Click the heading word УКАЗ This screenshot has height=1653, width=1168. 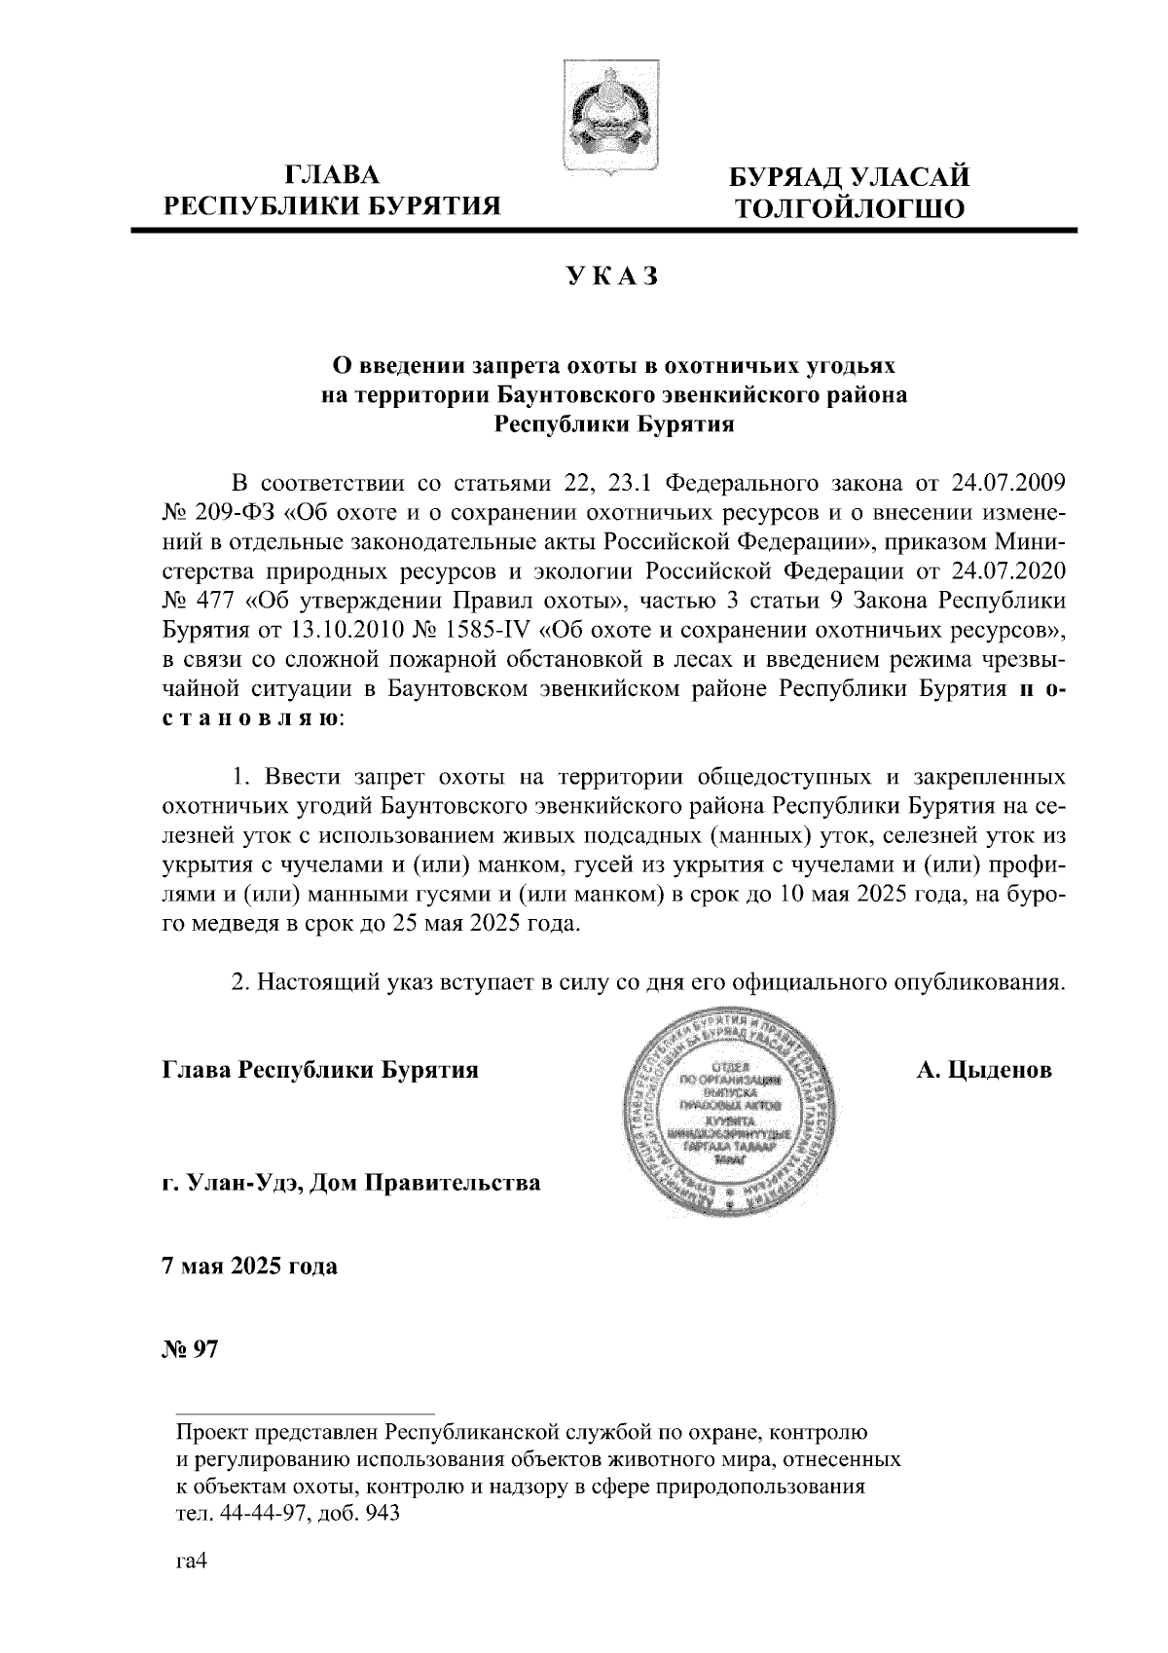pos(613,278)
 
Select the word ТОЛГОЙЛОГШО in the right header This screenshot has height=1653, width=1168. pos(850,207)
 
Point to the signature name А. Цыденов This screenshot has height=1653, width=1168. pos(983,1070)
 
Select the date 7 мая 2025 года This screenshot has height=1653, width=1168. pos(249,1267)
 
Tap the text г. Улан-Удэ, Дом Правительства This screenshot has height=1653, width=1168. pos(350,1184)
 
